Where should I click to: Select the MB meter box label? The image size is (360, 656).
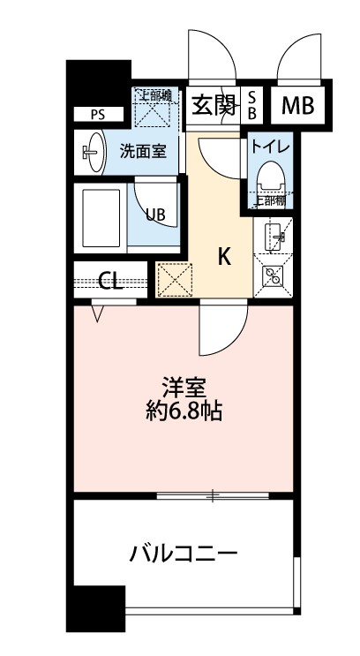click(296, 106)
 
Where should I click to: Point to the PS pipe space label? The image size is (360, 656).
click(96, 114)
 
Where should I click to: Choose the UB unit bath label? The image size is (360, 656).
click(154, 215)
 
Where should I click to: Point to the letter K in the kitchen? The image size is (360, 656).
click(224, 257)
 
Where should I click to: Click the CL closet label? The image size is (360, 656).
click(109, 282)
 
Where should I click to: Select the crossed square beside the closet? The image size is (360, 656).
click(171, 280)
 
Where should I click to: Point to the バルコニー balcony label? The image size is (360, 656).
click(184, 554)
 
